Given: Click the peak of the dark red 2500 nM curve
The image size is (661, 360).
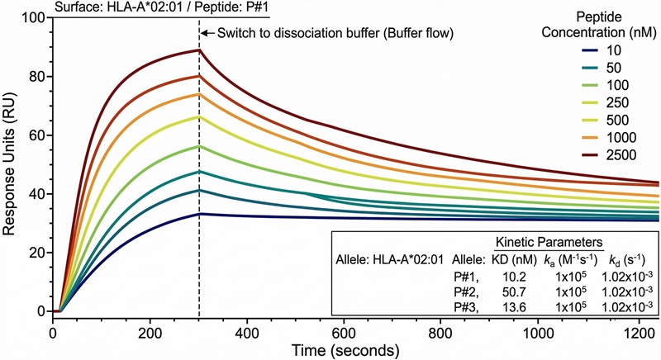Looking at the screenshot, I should pos(199,50).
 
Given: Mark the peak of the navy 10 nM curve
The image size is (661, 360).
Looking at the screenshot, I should pos(199,214).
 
